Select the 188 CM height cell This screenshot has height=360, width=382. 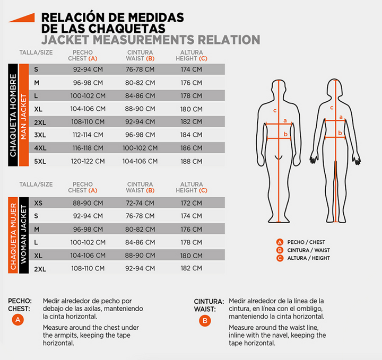click(x=191, y=161)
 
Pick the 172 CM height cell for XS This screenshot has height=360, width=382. click(x=191, y=203)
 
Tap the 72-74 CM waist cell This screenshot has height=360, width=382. click(x=140, y=203)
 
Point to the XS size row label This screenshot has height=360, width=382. click(x=38, y=203)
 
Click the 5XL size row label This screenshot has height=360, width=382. click(x=40, y=161)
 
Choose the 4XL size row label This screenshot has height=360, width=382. click(x=40, y=148)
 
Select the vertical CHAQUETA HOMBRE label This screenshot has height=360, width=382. click(x=13, y=115)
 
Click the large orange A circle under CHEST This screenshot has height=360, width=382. click(x=19, y=320)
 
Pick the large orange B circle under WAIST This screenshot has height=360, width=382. click(x=205, y=320)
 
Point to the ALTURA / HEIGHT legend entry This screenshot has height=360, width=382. click(x=306, y=258)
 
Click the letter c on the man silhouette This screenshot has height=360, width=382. click(x=274, y=110)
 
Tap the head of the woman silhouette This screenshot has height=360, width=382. click(x=334, y=87)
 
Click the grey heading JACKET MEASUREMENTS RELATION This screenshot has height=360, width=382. click(x=150, y=40)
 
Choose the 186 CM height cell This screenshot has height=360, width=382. click(x=191, y=148)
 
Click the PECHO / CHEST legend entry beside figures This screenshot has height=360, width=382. click(x=304, y=242)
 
